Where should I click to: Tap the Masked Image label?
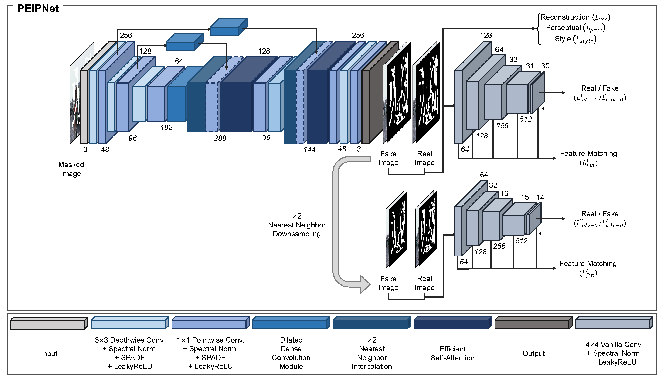coord(71,169)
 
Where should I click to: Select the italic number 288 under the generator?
coord(220,138)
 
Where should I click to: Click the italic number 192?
coord(166,127)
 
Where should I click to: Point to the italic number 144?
coord(309,149)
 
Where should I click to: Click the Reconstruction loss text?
coord(575,17)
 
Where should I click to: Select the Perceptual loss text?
coord(575,28)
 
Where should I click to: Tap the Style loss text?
coord(575,39)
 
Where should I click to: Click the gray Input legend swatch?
coord(49,324)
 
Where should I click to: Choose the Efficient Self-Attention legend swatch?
coord(452,324)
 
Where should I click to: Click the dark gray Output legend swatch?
coord(533,324)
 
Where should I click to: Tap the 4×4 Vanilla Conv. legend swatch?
coord(614,324)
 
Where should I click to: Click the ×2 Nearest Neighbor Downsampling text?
coord(297,225)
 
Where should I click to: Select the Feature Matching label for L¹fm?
coord(588,154)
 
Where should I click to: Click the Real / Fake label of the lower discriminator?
coord(600,214)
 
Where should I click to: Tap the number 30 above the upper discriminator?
coord(545,66)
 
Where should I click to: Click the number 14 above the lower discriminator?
coord(540,197)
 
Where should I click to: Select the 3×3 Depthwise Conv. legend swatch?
coord(129,324)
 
